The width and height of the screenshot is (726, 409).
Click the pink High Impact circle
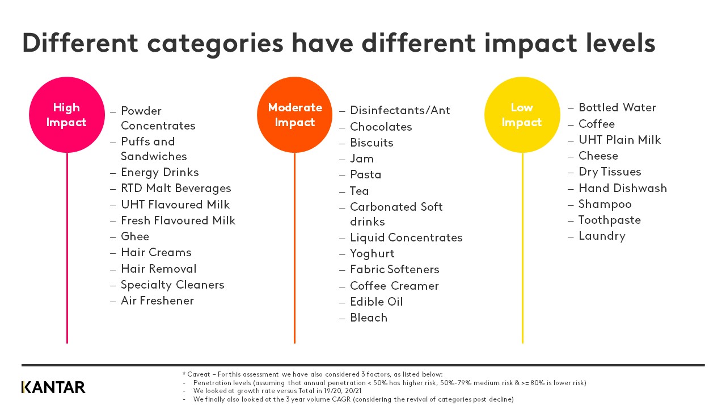(67, 115)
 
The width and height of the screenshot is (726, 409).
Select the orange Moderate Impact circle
(294, 115)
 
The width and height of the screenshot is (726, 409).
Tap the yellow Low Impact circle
(522, 115)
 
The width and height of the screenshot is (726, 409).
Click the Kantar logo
(53, 387)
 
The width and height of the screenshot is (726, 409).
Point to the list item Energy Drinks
(159, 172)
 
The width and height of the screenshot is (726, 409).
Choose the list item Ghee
(135, 236)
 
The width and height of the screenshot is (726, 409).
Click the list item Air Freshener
(157, 301)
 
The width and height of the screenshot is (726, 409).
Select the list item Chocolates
(381, 127)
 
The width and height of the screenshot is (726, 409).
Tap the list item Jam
(362, 158)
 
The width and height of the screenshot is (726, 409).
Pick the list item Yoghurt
(372, 253)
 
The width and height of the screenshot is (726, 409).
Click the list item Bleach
(369, 318)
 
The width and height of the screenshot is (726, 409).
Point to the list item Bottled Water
(617, 107)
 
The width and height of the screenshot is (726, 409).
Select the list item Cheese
(598, 156)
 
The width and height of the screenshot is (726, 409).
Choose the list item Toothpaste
(610, 220)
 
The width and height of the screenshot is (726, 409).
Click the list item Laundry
(602, 236)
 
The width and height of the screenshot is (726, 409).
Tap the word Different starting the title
(80, 44)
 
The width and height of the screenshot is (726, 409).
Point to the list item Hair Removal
(158, 269)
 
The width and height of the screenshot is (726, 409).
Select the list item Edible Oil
(376, 302)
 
